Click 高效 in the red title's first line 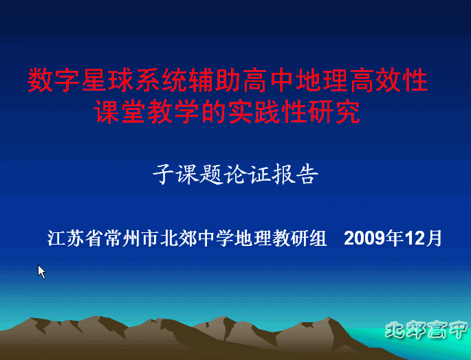point(375,80)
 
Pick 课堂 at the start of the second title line point(120,111)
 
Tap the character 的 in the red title point(214,111)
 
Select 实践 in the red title point(254,111)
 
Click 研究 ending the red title point(334,111)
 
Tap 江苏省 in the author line point(76,238)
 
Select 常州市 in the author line point(132,238)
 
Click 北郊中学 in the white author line point(197,238)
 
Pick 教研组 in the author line point(299,238)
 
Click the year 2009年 point(373,238)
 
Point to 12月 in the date point(424,238)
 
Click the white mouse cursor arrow point(41,272)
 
